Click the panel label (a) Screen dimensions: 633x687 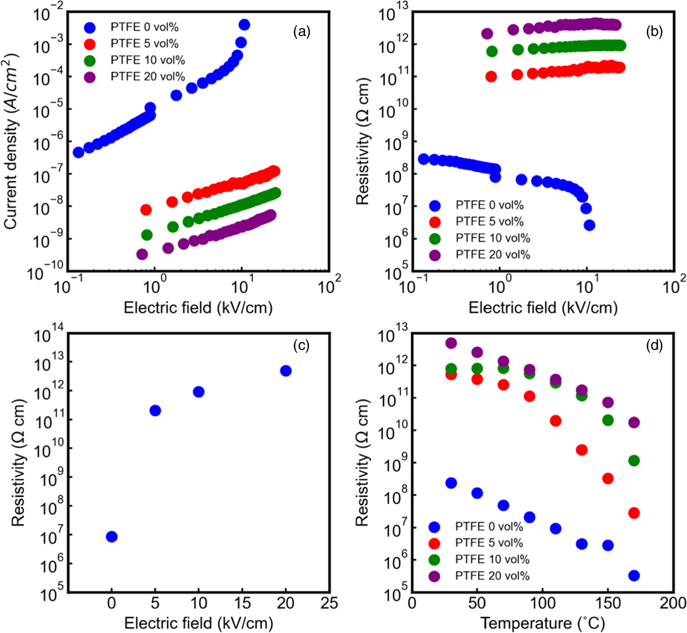click(302, 32)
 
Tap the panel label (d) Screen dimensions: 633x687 click(654, 345)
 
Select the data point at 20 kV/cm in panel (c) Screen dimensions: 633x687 click(286, 371)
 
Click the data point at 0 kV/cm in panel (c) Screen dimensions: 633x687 click(112, 537)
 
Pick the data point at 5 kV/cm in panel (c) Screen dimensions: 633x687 click(155, 411)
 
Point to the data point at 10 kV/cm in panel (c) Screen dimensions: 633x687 click(199, 392)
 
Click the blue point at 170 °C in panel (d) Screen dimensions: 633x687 click(634, 576)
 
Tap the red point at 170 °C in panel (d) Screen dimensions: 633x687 click(634, 513)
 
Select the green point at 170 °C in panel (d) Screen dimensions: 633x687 click(634, 461)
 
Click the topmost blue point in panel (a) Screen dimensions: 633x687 click(244, 25)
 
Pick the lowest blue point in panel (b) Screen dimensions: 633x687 click(589, 225)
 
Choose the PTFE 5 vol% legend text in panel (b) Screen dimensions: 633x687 click(489, 222)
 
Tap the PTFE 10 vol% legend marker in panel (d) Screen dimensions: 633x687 click(434, 560)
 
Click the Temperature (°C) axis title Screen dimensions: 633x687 click(542, 623)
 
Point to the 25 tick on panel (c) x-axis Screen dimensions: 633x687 click(329, 604)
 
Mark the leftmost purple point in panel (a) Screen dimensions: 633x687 click(142, 254)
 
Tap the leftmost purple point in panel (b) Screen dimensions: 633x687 click(487, 34)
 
